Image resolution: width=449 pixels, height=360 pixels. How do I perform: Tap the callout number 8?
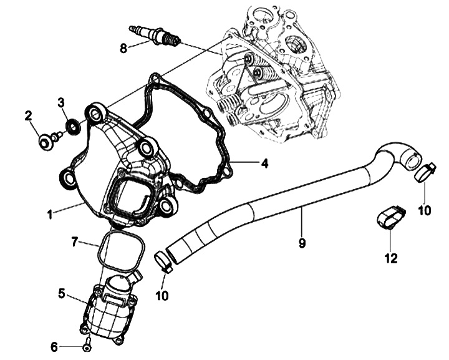pos(123,47)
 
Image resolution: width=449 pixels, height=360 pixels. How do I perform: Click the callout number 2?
pos(28,115)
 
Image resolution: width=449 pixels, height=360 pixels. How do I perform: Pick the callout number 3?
pos(61,102)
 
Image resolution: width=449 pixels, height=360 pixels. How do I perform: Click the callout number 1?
pos(49,215)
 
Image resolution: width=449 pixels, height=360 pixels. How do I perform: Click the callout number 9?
pos(302,243)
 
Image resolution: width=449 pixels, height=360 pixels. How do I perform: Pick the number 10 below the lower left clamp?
pos(162,295)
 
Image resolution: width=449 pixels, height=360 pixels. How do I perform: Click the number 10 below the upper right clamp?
pos(424,211)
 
